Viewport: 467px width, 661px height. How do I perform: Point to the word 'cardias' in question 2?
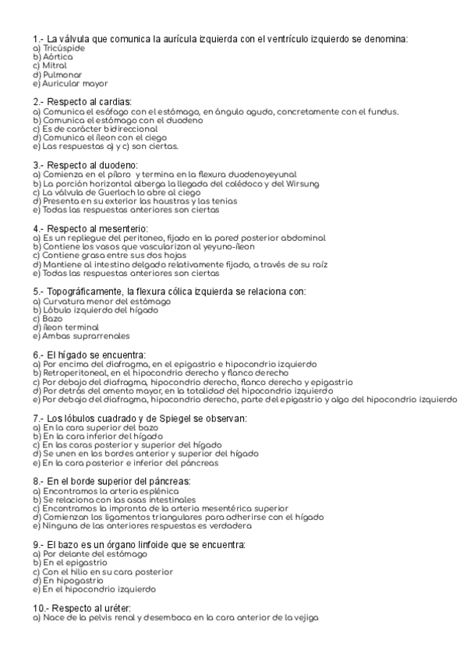point(114,102)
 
